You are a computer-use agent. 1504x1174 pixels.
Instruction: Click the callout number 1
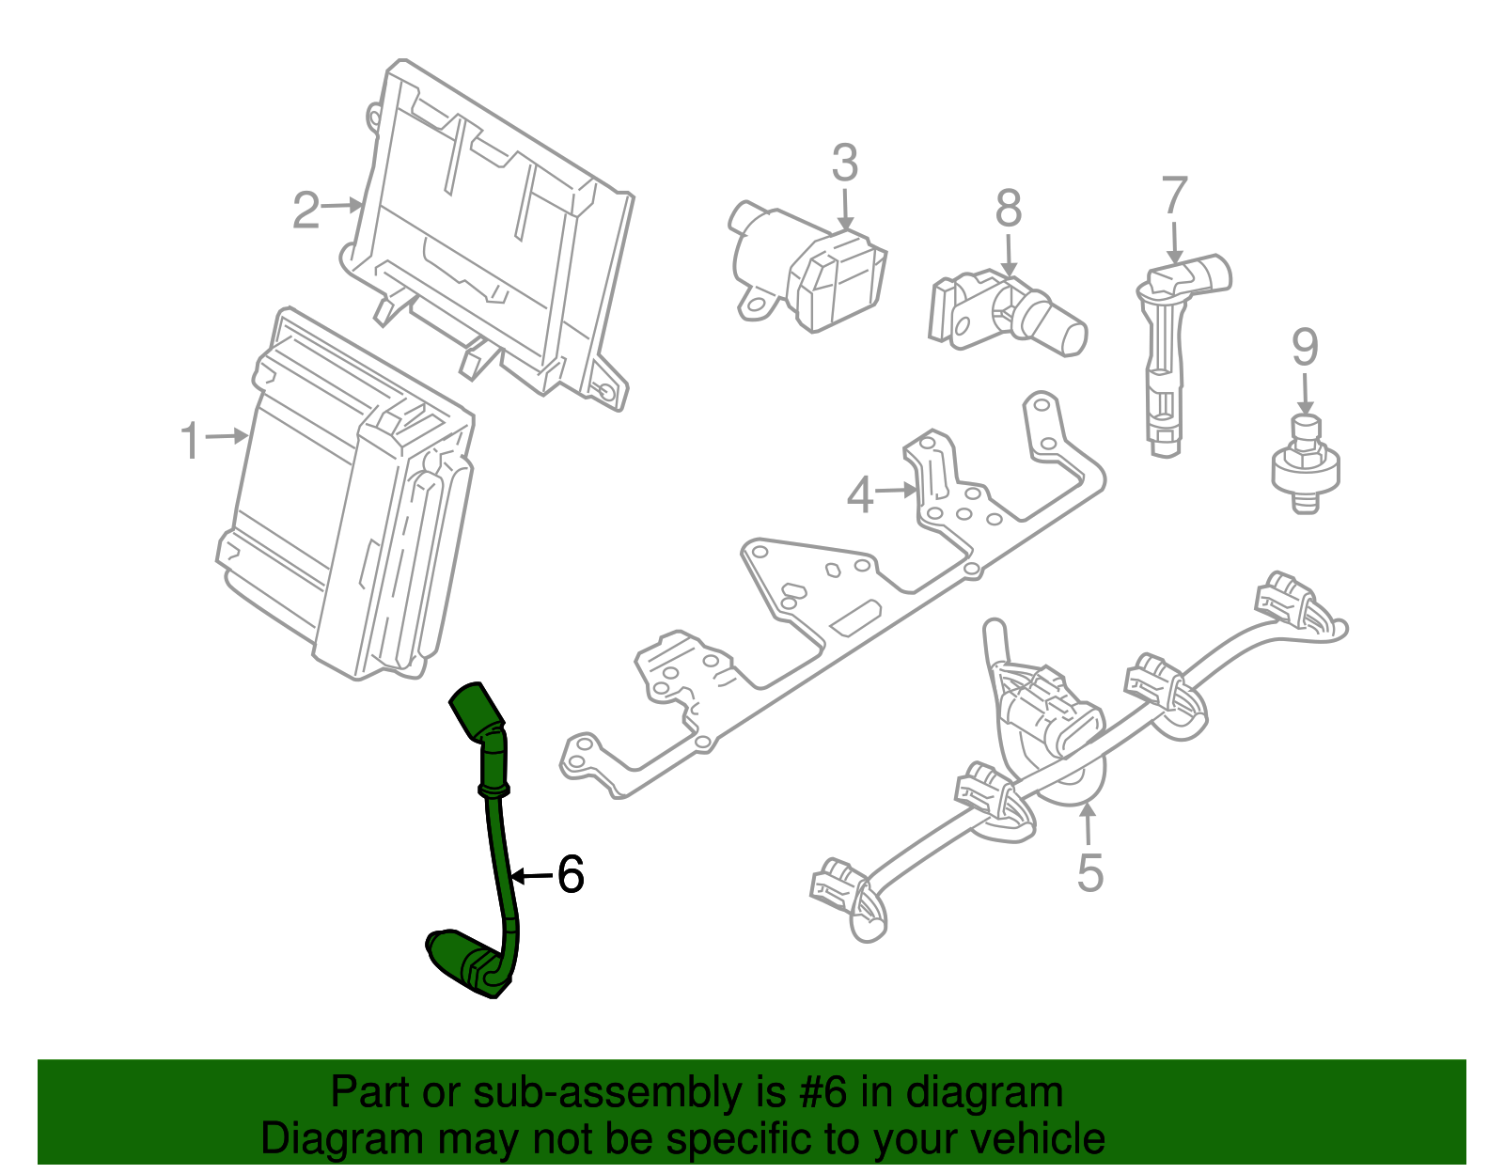click(191, 440)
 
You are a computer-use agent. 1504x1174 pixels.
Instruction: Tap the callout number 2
click(306, 211)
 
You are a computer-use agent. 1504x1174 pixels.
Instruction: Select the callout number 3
click(845, 164)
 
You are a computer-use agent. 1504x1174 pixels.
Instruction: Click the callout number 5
click(1089, 872)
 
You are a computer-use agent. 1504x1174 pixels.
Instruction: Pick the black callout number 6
click(571, 874)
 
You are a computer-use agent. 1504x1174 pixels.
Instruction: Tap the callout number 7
click(1175, 196)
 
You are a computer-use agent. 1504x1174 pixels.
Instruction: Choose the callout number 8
click(1009, 209)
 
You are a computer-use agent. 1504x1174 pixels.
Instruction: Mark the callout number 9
click(1305, 348)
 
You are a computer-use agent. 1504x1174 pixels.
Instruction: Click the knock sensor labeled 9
click(1305, 462)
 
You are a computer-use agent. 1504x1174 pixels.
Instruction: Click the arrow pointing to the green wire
click(532, 876)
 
